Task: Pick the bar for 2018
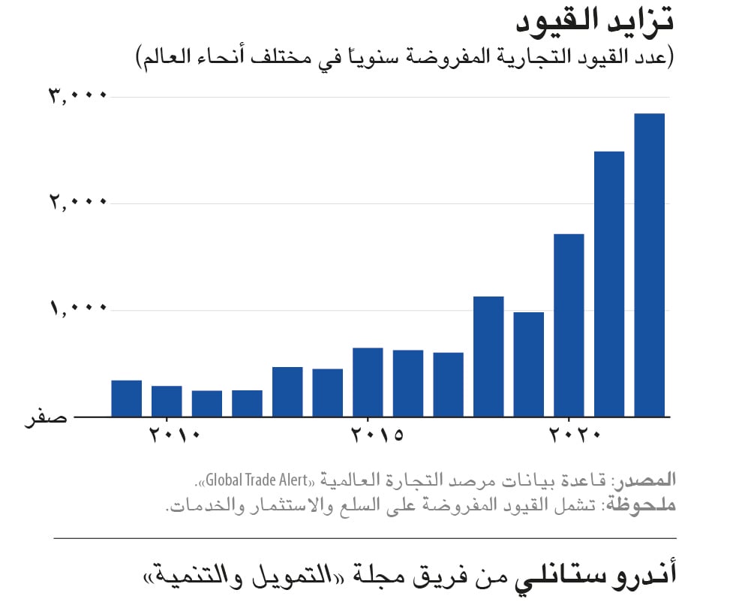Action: (488, 357)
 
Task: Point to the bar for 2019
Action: (528, 364)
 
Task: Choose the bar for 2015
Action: (368, 382)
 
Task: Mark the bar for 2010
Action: (167, 401)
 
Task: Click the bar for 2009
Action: (126, 398)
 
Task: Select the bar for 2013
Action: (287, 391)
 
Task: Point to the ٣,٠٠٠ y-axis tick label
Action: (78, 96)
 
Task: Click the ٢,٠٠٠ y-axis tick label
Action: (78, 203)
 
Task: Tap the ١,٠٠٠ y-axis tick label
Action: (78, 309)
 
